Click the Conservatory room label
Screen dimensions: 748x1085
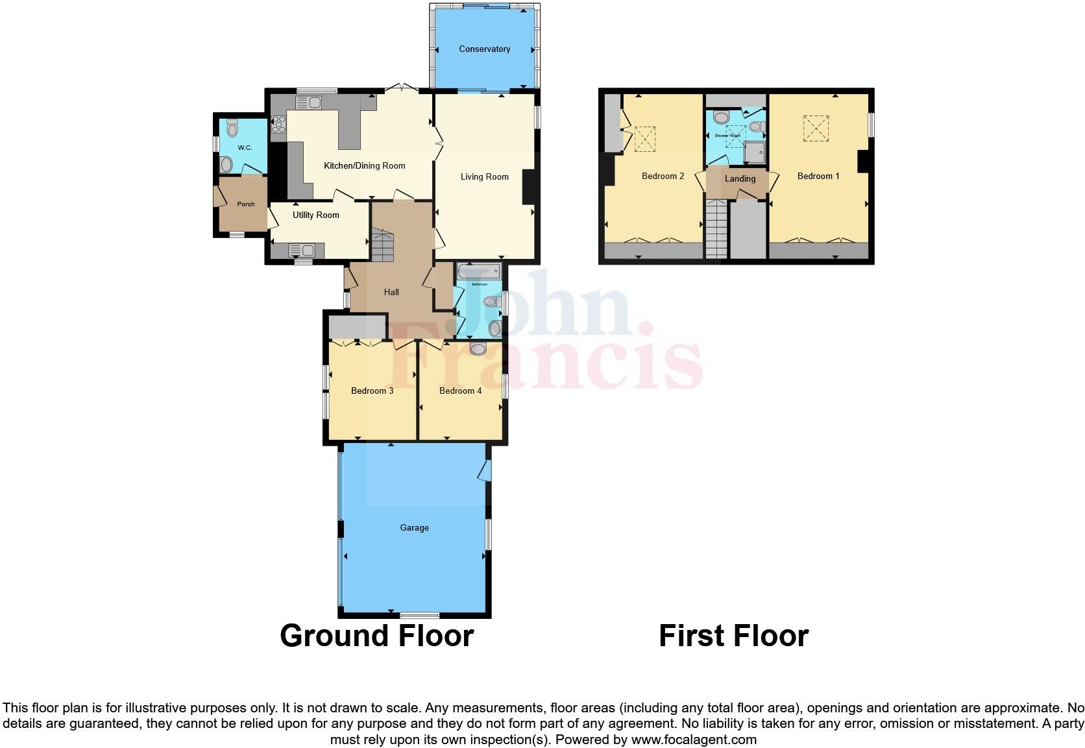click(484, 49)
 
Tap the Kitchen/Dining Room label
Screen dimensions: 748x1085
click(364, 165)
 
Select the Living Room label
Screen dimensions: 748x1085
click(484, 176)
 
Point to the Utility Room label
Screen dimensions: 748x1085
click(315, 215)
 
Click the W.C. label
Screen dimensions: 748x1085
click(245, 148)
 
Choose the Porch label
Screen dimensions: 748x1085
click(246, 204)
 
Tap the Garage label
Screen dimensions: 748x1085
click(414, 527)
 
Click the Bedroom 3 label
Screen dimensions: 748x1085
click(372, 391)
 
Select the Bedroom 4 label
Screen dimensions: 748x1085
click(460, 391)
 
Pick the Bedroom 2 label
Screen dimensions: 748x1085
click(663, 176)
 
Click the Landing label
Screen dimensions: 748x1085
click(740, 178)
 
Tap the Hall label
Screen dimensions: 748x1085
click(391, 292)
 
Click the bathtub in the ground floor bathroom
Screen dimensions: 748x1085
click(479, 271)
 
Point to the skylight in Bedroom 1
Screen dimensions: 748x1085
click(816, 128)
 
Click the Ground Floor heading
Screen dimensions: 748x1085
click(376, 636)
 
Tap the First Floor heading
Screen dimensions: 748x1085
click(733, 636)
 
